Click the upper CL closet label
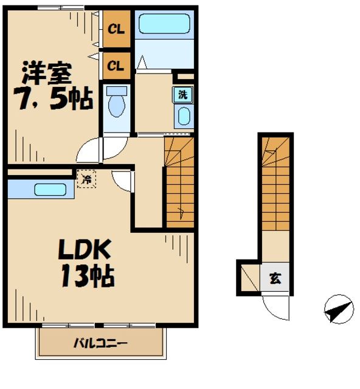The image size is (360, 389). pos(116,29)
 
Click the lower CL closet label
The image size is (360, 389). pos(116,64)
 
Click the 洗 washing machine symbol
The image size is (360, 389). pos(182,94)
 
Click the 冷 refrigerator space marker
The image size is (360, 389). pos(86,179)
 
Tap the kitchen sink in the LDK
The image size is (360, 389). pos(50,190)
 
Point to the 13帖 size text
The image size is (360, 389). pos(86,277)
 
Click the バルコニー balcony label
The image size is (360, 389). pos(101,344)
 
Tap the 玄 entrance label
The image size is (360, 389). pos(275,279)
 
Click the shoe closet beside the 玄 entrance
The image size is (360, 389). pos(249,277)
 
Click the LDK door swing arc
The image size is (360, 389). pos(122,181)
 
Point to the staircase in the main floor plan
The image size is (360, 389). pos(179,182)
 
